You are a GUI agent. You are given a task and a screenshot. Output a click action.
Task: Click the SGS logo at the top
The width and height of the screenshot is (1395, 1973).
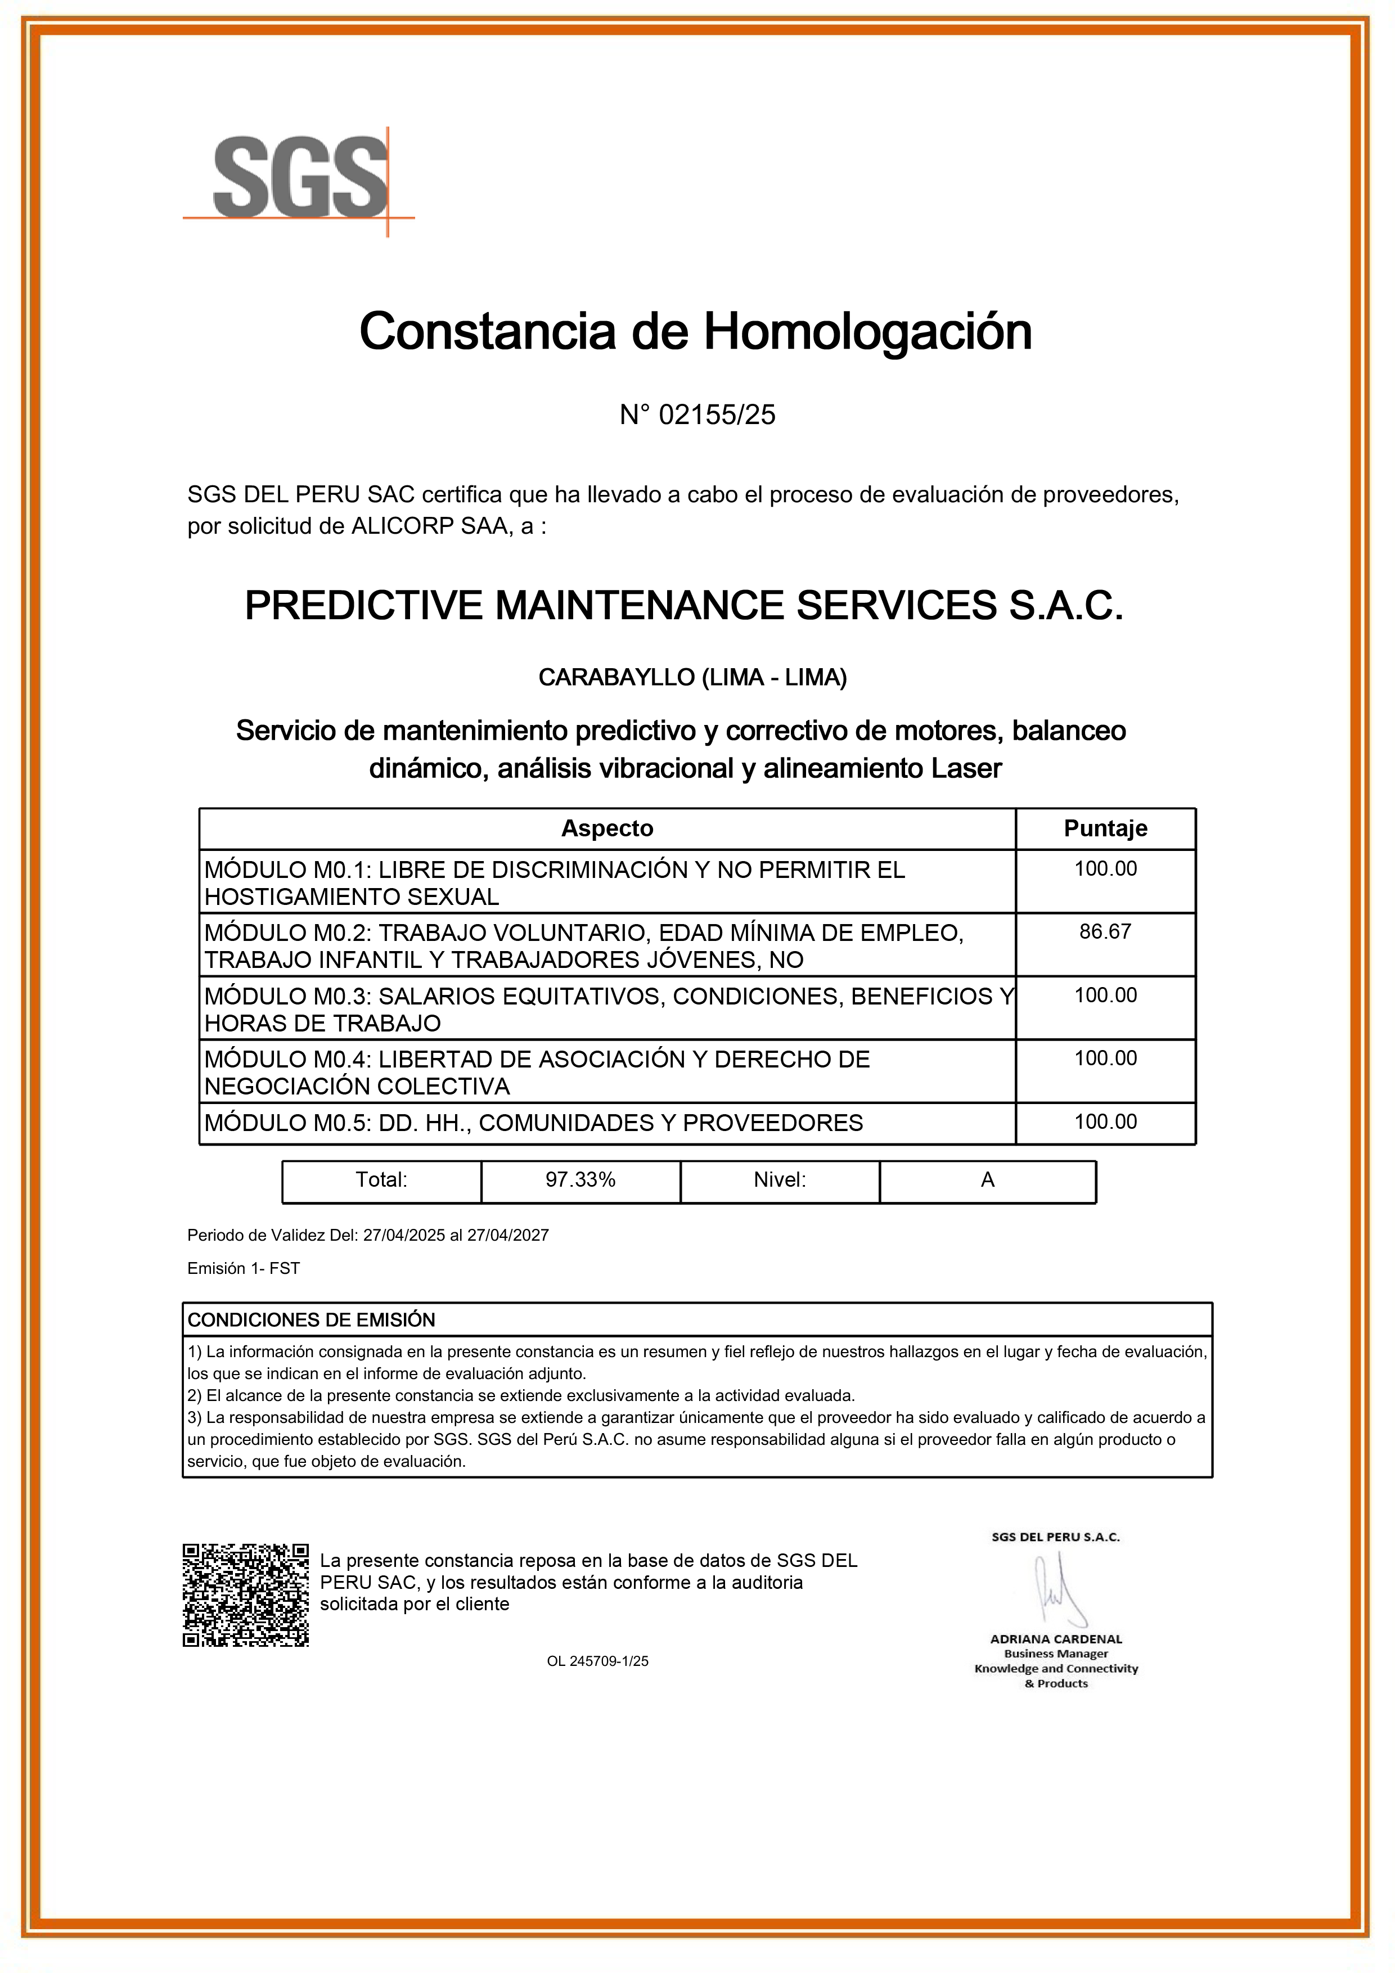(x=299, y=179)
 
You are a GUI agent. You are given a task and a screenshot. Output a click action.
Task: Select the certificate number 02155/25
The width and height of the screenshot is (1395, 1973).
(x=716, y=415)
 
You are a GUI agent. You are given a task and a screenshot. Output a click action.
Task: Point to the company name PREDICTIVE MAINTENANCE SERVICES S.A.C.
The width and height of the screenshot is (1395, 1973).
(x=684, y=605)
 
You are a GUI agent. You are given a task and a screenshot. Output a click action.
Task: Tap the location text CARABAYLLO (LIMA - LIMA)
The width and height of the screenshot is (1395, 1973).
(x=692, y=677)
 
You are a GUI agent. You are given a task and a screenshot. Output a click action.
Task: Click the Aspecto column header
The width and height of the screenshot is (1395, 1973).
(x=607, y=828)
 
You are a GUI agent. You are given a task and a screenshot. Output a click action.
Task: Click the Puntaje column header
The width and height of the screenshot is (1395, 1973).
(x=1105, y=828)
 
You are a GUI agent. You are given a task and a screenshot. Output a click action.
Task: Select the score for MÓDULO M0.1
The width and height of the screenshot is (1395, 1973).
(x=1105, y=869)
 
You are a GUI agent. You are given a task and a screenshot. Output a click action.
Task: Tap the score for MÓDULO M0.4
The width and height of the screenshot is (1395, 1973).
(x=1105, y=1058)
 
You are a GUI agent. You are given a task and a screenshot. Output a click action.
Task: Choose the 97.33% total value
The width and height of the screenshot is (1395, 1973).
(x=580, y=1180)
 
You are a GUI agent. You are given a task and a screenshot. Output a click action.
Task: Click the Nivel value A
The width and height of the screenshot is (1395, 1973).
(x=987, y=1180)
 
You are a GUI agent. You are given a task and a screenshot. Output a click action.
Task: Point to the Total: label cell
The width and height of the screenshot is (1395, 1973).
(x=381, y=1180)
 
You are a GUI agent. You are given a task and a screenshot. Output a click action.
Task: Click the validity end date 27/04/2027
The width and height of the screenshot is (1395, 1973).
(x=507, y=1235)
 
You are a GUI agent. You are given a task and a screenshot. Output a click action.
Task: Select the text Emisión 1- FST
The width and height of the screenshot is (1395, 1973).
(x=243, y=1268)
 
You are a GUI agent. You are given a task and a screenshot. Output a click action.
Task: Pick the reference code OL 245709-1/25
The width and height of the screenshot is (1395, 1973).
(x=597, y=1661)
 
